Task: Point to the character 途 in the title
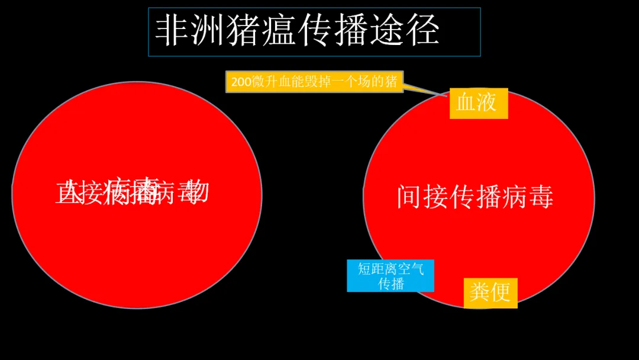tap(386, 31)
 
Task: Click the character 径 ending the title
tap(422, 31)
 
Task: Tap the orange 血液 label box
tap(479, 103)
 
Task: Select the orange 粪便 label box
tap(490, 292)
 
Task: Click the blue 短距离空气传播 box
tap(390, 276)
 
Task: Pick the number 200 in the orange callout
tap(241, 82)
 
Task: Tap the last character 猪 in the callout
tap(391, 82)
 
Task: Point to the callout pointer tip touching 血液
tap(448, 95)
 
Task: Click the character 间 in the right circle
tap(409, 197)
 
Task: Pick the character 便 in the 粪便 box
tap(501, 292)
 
